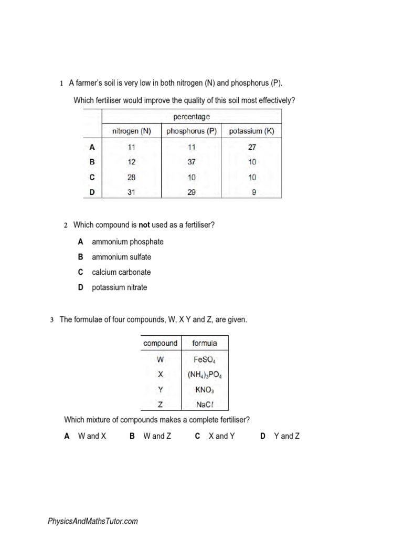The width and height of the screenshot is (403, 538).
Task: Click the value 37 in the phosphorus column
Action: pos(192,162)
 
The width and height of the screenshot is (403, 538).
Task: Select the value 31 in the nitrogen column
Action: pos(131,192)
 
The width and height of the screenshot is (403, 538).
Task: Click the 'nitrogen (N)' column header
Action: pos(132,131)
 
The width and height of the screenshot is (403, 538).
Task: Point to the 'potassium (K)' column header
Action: pos(252,131)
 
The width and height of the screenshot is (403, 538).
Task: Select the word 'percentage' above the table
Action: pos(192,116)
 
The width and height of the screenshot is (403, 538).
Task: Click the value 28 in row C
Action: pos(131,178)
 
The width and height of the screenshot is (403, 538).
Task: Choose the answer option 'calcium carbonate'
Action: pos(121,272)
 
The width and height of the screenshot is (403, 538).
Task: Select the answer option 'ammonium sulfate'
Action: pos(121,257)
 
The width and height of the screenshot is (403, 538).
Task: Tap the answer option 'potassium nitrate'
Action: pos(120,287)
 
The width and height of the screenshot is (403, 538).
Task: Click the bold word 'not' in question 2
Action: pos(144,225)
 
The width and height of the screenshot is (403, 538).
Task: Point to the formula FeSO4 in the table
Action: pos(205,360)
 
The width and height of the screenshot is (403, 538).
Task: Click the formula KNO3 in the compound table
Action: pos(205,389)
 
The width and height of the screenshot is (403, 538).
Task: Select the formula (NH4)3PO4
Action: pos(205,375)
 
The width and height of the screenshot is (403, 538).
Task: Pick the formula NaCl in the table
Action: pos(205,404)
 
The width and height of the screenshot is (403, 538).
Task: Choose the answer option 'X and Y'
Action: pos(221,436)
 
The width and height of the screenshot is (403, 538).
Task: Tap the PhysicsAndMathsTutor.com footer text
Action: pos(93,521)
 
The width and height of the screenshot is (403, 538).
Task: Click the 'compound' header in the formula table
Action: pos(161,344)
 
